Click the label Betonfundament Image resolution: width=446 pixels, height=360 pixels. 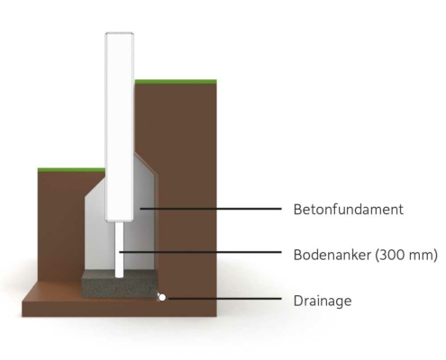pos(349,209)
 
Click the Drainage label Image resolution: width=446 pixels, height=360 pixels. pos(323,301)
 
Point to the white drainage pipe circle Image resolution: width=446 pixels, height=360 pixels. pos(162,298)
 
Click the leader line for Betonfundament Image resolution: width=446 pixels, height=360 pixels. pos(211,208)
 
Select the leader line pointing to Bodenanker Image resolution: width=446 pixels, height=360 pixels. pos(200,252)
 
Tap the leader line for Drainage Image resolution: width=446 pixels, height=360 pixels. pos(223,299)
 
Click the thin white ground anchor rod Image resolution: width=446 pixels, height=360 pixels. pos(119,249)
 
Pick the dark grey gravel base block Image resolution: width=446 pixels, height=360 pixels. pos(120,283)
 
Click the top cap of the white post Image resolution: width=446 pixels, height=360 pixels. pos(119,33)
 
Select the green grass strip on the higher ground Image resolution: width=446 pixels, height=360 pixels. pos(176,81)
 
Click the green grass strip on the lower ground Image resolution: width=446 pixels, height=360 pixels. pos(71,170)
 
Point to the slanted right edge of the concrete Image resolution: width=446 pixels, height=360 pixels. pos(146,164)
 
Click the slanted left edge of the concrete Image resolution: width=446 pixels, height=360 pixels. pos(95,187)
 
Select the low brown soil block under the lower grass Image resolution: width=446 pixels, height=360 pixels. pos(60,225)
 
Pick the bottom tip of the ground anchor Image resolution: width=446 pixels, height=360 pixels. pos(119,277)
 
